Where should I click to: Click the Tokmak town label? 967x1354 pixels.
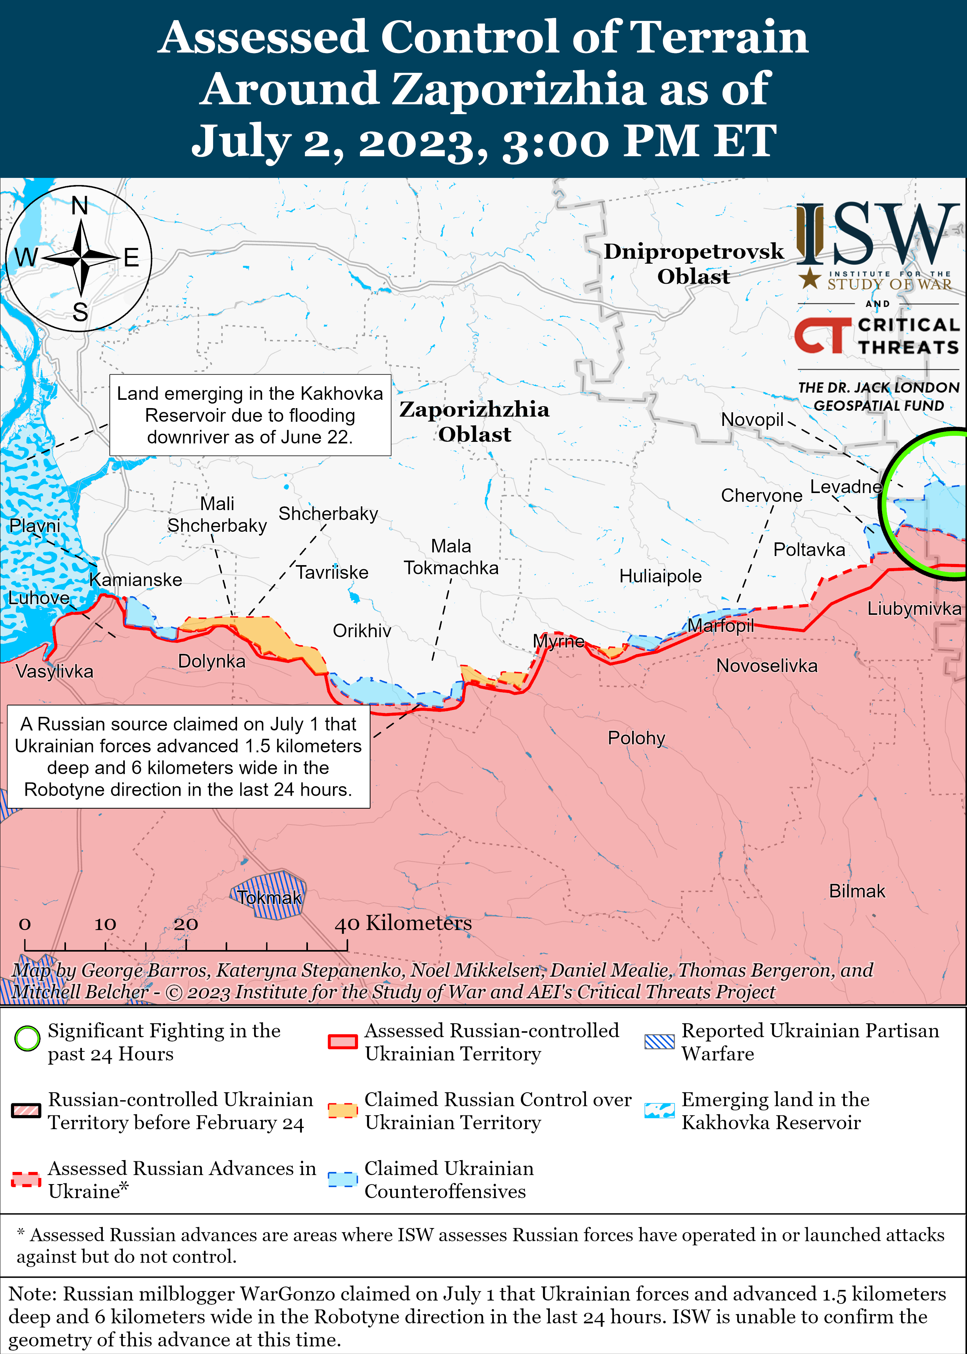click(x=270, y=897)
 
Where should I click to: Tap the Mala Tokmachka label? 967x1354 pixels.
click(x=451, y=557)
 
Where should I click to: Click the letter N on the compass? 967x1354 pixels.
click(x=80, y=206)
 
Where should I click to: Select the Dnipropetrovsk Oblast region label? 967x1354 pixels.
click(x=693, y=264)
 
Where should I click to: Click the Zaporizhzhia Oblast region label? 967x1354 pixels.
click(x=474, y=422)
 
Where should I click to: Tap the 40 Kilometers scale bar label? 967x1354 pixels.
click(x=403, y=923)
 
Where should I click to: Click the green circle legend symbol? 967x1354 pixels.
click(x=27, y=1038)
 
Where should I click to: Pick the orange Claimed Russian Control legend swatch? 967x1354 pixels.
click(x=342, y=1110)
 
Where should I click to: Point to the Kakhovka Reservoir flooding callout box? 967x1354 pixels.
click(x=250, y=415)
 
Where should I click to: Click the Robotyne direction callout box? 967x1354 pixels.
click(x=188, y=756)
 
